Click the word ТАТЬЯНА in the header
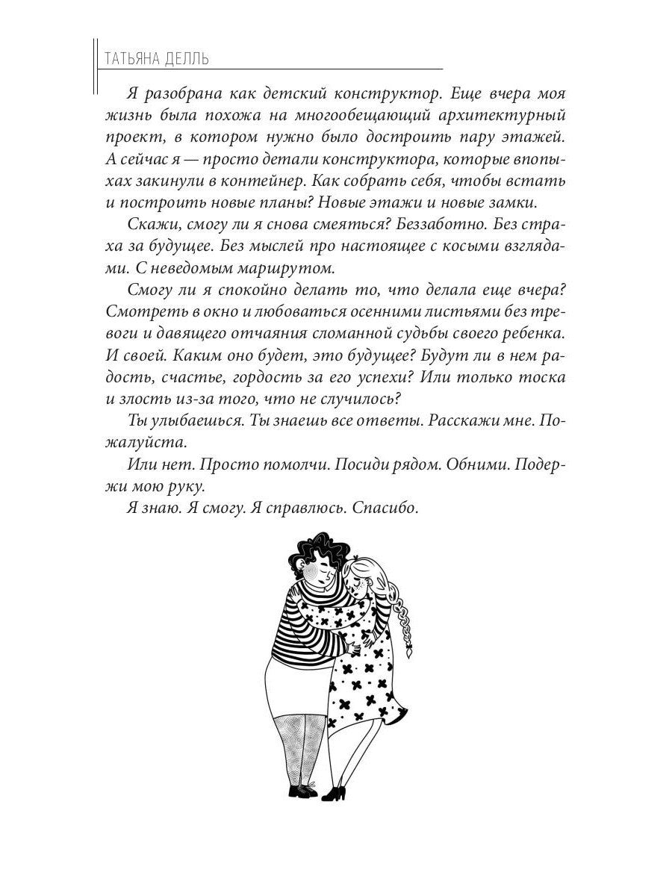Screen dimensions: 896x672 [x=131, y=57]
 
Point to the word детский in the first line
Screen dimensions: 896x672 [x=274, y=96]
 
